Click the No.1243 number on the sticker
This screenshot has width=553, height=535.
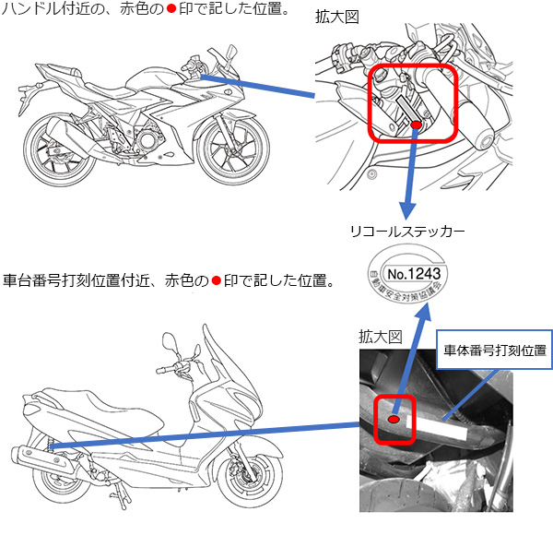(x=414, y=274)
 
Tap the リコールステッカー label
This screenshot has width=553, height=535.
(x=407, y=232)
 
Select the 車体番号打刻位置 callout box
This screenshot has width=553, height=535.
(x=494, y=350)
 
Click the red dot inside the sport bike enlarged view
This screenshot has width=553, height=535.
(x=417, y=125)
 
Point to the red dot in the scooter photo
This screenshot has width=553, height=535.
(x=394, y=419)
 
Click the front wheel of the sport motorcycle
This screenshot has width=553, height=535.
(x=233, y=150)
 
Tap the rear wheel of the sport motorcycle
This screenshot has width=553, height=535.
(x=60, y=150)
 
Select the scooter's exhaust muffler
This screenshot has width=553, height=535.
(x=42, y=459)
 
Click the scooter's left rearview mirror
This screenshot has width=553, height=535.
(x=170, y=341)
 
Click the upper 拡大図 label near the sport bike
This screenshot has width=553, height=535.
(x=336, y=17)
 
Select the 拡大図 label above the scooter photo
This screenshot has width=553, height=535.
(x=380, y=337)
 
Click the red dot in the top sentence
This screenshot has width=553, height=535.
(x=171, y=9)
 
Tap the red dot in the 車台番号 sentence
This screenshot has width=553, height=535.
(x=217, y=281)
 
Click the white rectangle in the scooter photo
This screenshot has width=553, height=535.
(x=437, y=428)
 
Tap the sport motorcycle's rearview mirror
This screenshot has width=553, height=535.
(x=231, y=53)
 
